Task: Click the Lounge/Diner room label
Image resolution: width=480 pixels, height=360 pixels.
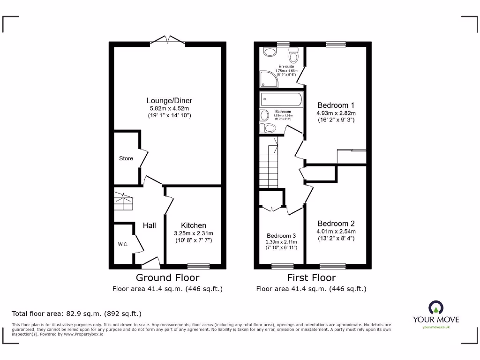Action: click(x=169, y=100)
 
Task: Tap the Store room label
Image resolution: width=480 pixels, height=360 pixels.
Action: click(x=126, y=158)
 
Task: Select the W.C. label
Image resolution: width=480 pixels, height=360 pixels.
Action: click(x=122, y=244)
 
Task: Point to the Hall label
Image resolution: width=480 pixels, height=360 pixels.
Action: click(x=149, y=226)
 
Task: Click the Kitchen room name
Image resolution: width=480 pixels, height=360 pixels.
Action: click(x=193, y=225)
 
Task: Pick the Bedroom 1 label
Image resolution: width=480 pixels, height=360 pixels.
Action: click(x=336, y=105)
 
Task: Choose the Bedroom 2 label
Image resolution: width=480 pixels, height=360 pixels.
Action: click(x=336, y=224)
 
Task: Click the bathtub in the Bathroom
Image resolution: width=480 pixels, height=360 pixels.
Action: click(x=282, y=99)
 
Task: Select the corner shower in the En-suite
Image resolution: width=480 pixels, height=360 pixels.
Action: click(x=268, y=80)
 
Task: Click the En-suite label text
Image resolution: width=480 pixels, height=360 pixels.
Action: click(x=286, y=67)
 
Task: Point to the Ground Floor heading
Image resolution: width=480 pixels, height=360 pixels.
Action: click(x=167, y=278)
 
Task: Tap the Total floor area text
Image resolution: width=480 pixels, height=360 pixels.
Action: click(x=76, y=313)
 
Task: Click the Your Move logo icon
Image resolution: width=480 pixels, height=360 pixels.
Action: click(x=435, y=307)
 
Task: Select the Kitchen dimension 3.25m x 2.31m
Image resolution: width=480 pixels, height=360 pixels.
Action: click(x=193, y=233)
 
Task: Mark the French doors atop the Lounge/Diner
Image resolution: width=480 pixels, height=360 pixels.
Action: click(x=168, y=41)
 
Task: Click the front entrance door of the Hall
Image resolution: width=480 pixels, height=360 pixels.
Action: click(x=150, y=262)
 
